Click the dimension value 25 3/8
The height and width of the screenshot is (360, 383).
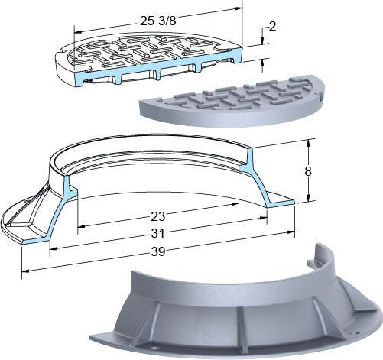(x=158, y=21)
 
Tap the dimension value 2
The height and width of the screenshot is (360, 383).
(x=272, y=26)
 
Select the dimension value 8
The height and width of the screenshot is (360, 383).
(x=308, y=171)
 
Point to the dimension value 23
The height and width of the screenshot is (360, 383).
(x=158, y=216)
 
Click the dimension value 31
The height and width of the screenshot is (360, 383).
(x=158, y=234)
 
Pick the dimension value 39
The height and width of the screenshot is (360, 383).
(x=158, y=251)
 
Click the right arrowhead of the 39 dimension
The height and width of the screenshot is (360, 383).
(x=291, y=232)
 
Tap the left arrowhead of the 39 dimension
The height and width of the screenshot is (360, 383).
(x=25, y=271)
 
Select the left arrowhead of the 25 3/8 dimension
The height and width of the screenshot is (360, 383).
(x=77, y=32)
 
